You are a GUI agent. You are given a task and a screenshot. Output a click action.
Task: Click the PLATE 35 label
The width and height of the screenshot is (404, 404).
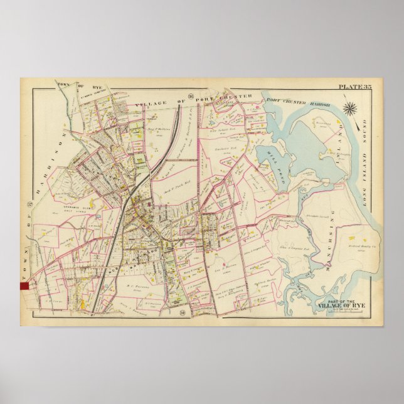(355, 87)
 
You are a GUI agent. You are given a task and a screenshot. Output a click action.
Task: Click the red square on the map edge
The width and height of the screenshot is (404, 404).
(25, 284)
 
